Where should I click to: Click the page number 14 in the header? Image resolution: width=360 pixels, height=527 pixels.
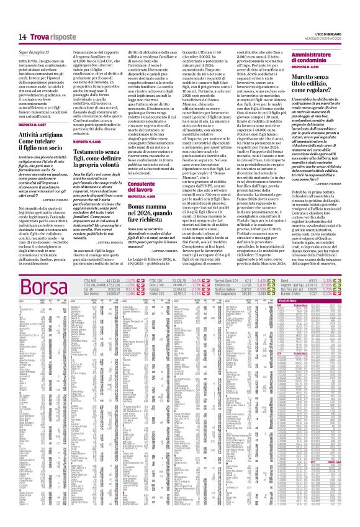click(22, 19)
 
